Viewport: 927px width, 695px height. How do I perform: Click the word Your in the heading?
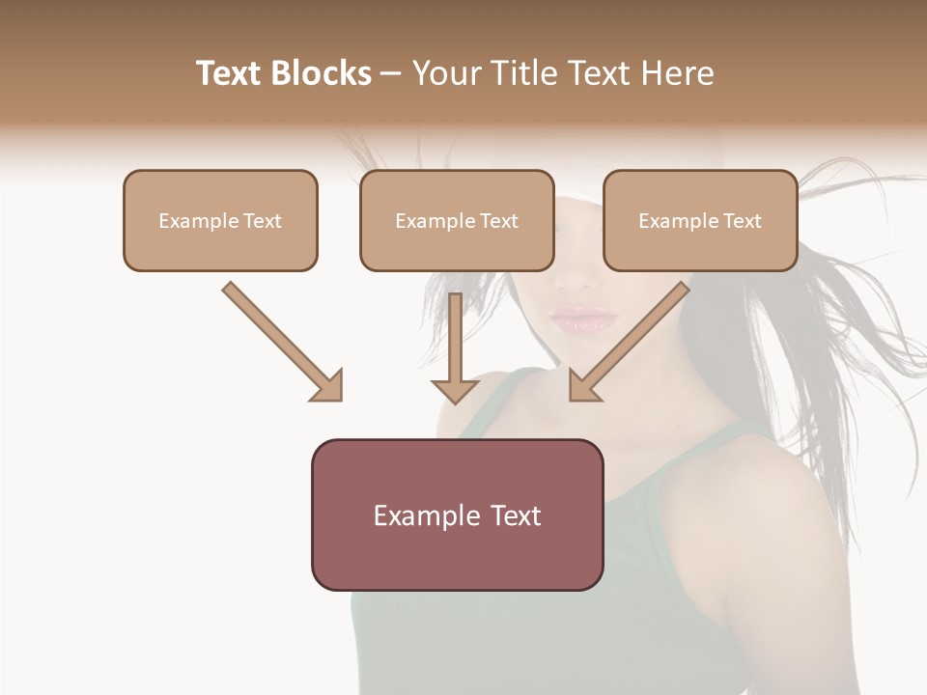[x=444, y=73]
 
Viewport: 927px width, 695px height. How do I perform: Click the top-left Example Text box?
[x=220, y=220]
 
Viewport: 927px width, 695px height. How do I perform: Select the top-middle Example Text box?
[x=457, y=220]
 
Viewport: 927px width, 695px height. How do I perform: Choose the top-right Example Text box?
[x=700, y=220]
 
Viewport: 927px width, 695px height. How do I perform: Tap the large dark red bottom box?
[x=457, y=514]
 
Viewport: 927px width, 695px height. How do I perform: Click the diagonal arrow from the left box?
[x=280, y=340]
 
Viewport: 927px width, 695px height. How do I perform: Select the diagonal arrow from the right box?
[x=632, y=340]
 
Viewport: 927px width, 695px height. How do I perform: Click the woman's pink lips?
[x=583, y=320]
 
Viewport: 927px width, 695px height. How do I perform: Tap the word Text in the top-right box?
[x=742, y=221]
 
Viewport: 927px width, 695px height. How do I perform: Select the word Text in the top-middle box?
[x=498, y=221]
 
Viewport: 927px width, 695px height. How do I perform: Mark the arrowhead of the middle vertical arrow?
[x=455, y=390]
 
